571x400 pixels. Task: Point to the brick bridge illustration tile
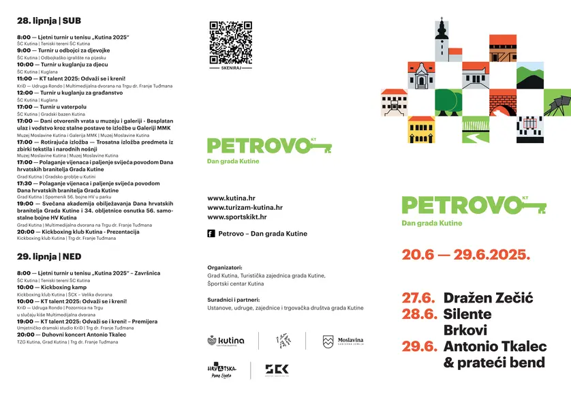click(502, 103)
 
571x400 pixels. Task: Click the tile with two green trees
click(448, 103)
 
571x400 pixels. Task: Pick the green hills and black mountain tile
click(529, 76)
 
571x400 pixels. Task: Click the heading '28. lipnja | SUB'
click(44, 21)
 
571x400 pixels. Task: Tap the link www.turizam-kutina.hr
click(245, 207)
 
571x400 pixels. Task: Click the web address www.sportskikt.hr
click(237, 217)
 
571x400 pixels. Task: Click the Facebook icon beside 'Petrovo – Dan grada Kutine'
click(211, 234)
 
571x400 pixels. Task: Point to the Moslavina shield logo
click(328, 341)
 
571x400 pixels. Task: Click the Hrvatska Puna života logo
click(221, 370)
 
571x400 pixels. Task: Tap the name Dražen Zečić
click(488, 298)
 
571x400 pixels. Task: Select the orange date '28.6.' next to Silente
click(418, 314)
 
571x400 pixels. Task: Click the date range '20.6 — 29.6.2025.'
click(465, 255)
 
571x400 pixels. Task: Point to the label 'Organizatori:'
click(224, 268)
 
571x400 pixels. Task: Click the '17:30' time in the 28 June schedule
click(25, 183)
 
